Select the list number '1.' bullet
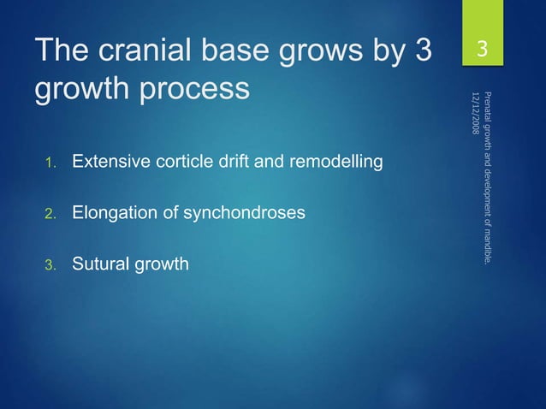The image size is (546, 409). tap(50, 163)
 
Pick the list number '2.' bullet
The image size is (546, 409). tap(50, 214)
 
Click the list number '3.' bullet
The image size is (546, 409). tap(50, 265)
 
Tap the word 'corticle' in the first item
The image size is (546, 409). tap(175, 161)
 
